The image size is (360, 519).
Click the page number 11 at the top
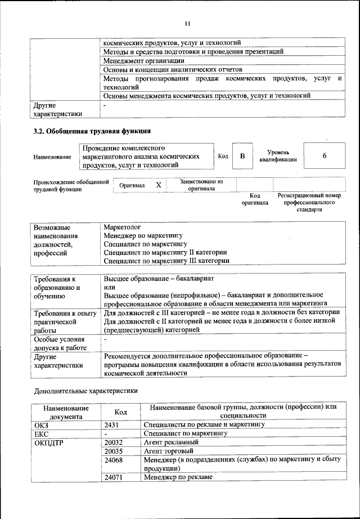(x=187, y=23)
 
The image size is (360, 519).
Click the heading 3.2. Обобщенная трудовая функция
(x=92, y=132)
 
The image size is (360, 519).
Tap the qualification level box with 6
(x=324, y=156)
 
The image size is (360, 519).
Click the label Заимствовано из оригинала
(x=201, y=185)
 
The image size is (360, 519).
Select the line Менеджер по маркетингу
(x=143, y=236)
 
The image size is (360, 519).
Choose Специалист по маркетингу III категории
(x=166, y=261)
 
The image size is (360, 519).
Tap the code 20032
(x=114, y=442)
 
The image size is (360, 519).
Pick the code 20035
(x=114, y=451)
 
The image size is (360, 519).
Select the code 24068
(x=114, y=460)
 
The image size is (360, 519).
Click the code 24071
(x=114, y=478)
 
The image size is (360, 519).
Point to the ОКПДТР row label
(x=49, y=442)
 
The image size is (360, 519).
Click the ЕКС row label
(x=42, y=433)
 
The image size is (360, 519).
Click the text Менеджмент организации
(x=144, y=60)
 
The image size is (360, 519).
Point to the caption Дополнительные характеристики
(x=85, y=390)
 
